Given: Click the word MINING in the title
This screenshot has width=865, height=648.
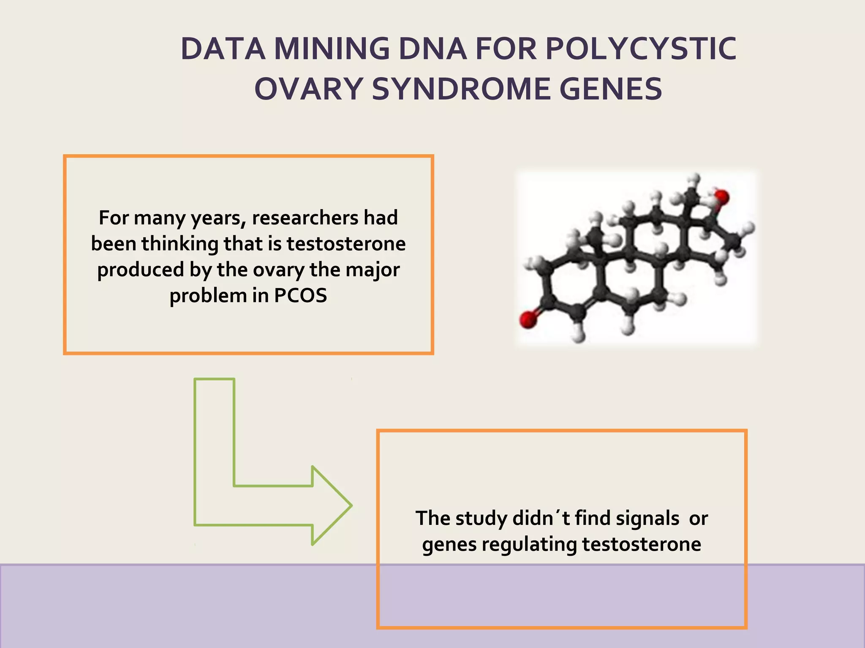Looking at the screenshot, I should click(x=332, y=49).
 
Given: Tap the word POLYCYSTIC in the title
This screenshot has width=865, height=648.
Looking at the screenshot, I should click(x=641, y=49).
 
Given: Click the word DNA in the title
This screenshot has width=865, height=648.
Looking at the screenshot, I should click(x=432, y=49).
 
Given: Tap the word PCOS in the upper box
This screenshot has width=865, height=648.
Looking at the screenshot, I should click(x=300, y=295).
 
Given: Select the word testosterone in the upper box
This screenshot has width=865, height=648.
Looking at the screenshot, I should click(x=346, y=244).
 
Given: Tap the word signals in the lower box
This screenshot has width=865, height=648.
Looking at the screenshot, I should click(x=647, y=518).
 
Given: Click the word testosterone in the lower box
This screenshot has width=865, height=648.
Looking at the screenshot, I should click(x=642, y=544).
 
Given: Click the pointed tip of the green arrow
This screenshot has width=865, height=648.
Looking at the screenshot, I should click(x=351, y=505).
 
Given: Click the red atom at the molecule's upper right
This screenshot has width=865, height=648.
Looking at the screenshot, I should click(x=721, y=197).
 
